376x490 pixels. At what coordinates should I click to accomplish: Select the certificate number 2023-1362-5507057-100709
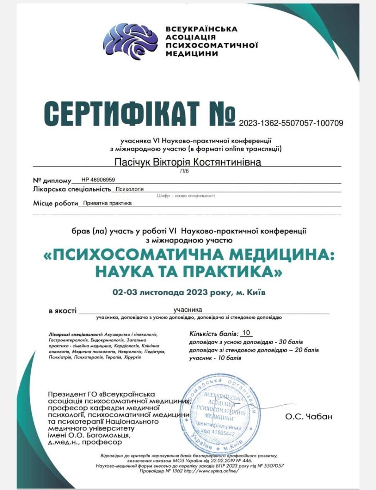pos(291,122)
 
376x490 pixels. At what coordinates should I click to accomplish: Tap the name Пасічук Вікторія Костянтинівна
pos(188,162)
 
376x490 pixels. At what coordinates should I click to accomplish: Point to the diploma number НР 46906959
pos(98,179)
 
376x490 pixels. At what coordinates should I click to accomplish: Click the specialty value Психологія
pos(129,189)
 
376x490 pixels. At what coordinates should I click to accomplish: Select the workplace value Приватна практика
pos(107,203)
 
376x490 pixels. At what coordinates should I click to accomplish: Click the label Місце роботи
pos(55,203)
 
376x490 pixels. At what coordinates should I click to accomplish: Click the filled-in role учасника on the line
pos(188,310)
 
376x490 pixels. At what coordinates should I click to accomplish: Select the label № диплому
pos(51,180)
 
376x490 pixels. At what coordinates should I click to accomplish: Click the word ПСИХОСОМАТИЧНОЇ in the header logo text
pos(212,45)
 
